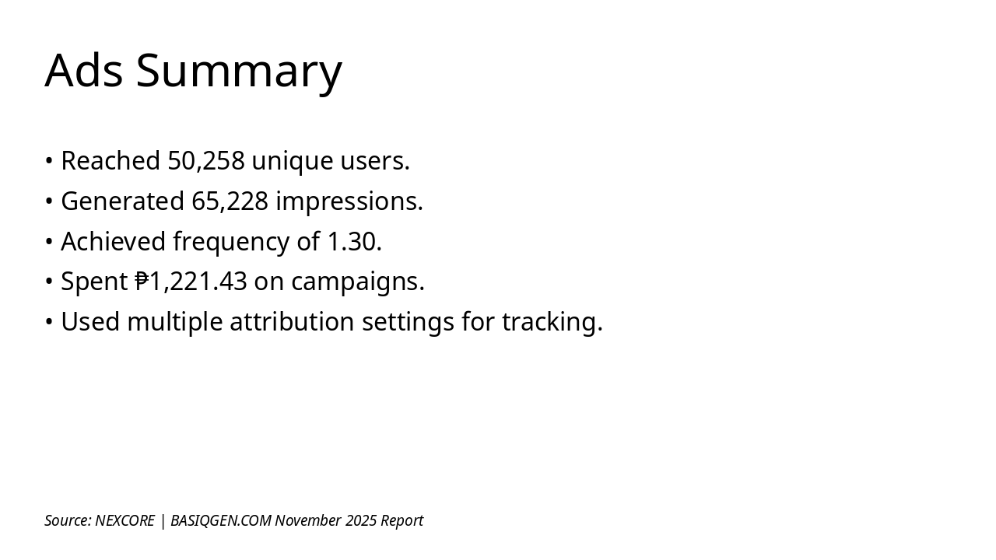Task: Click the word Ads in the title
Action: click(83, 70)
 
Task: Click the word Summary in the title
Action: click(239, 72)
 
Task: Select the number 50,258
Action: click(206, 161)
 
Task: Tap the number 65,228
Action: click(230, 201)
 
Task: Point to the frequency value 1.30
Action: click(354, 242)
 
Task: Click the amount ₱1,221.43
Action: click(191, 282)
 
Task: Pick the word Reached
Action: click(110, 161)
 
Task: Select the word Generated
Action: click(122, 201)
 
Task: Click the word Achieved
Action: click(114, 242)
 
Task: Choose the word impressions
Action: click(349, 201)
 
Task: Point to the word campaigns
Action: click(357, 282)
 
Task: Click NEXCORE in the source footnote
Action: click(124, 520)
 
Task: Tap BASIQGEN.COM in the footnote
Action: click(220, 520)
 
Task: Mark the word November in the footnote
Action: click(308, 520)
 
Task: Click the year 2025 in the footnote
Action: click(361, 520)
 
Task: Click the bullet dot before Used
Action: click(49, 322)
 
